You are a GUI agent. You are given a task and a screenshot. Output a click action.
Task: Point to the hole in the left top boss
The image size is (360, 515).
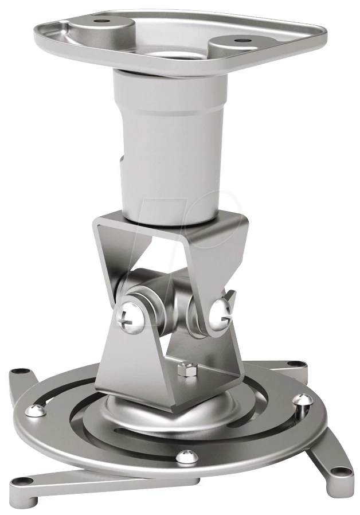pyautogui.click(x=103, y=20)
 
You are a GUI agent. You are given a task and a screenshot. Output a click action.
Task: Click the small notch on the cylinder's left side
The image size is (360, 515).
pyautogui.click(x=122, y=162)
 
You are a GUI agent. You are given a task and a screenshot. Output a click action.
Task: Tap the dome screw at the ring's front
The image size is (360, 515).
pyautogui.click(x=183, y=457)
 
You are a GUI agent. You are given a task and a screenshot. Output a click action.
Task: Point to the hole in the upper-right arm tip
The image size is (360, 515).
pyautogui.click(x=296, y=364)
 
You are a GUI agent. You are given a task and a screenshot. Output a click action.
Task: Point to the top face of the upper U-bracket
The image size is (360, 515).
pyautogui.click(x=172, y=221)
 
